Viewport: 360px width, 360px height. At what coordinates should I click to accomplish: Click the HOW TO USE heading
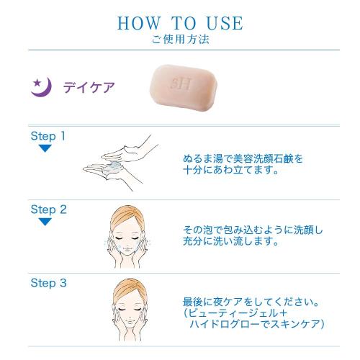180,23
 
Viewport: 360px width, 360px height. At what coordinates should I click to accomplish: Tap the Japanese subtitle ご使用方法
180,40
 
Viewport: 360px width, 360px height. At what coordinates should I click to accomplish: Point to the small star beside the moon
37,83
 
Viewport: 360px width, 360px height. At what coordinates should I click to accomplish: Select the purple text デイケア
89,87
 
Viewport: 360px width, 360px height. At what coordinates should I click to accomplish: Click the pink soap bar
184,89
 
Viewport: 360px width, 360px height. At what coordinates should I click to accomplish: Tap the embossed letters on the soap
181,84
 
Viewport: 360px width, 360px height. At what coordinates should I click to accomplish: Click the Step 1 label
48,136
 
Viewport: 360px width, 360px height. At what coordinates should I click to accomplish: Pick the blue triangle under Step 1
45,148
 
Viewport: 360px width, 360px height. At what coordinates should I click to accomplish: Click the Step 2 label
49,210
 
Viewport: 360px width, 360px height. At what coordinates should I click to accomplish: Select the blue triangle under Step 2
45,222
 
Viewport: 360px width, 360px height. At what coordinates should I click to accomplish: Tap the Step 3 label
49,283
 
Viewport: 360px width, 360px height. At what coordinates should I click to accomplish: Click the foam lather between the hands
113,166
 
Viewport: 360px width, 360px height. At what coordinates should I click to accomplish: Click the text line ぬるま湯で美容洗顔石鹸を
243,158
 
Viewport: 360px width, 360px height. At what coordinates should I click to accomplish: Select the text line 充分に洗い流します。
231,241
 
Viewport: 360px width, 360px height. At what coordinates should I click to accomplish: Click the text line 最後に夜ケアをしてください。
251,302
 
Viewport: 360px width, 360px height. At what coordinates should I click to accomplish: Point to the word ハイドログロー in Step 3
225,324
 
